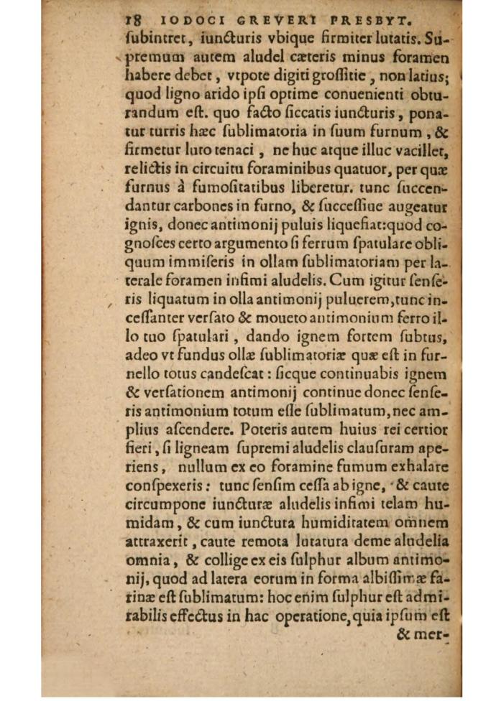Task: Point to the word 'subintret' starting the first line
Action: (154, 35)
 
